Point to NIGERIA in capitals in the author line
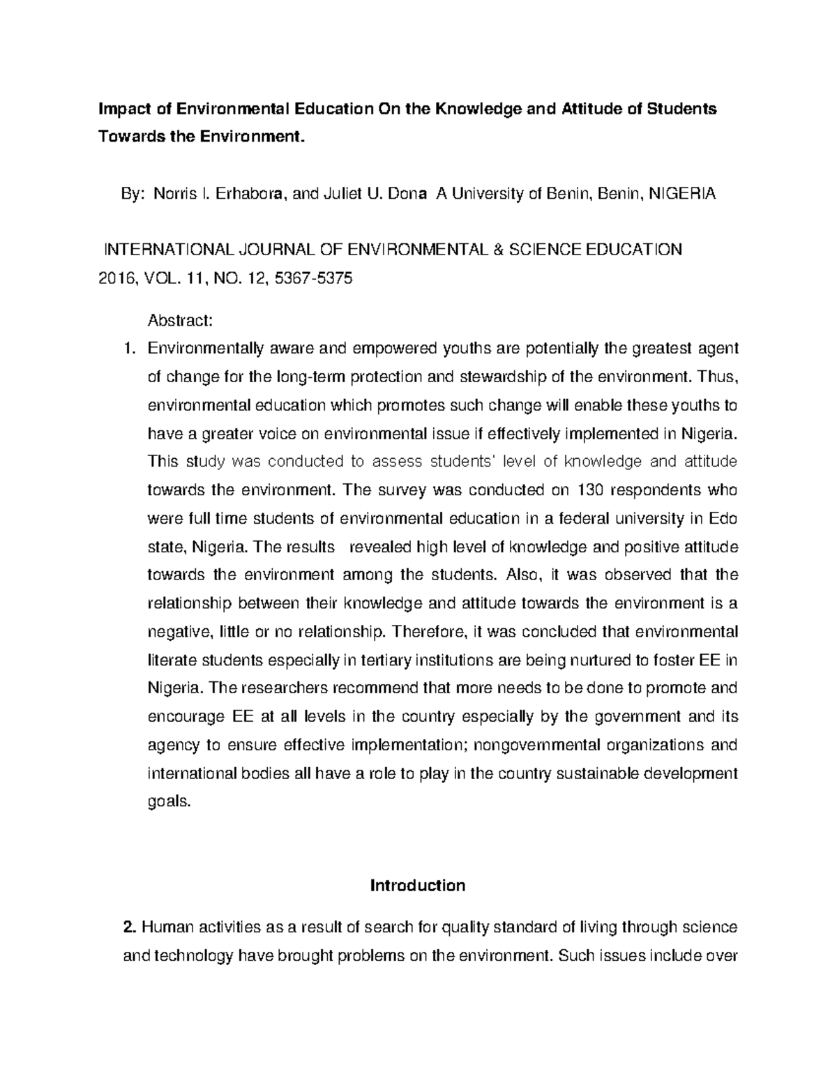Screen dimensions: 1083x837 click(681, 195)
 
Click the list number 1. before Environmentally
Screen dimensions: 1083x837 click(129, 349)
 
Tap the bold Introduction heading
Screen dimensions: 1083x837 click(417, 886)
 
